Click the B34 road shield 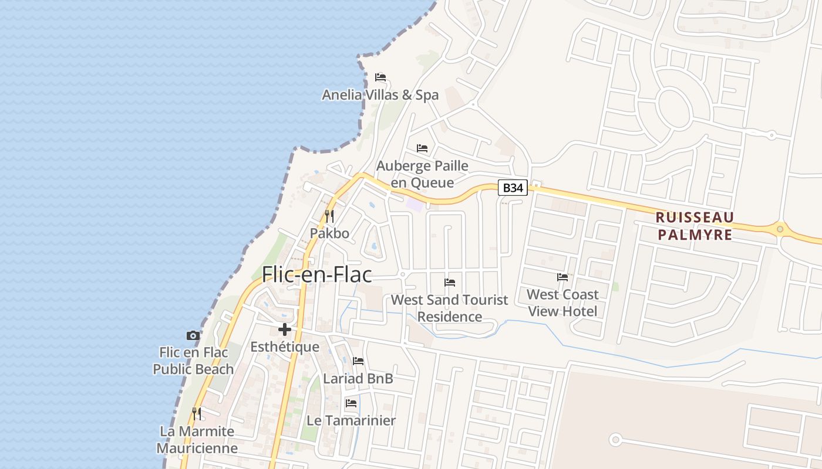(513, 188)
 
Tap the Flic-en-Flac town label (317, 274)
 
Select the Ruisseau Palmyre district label (695, 226)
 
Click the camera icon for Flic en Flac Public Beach (193, 336)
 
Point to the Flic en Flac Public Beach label (193, 361)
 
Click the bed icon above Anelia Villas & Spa (380, 77)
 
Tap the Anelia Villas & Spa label (380, 95)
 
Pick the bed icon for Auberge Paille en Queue (422, 148)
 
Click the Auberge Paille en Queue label (422, 174)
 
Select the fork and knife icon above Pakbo (329, 216)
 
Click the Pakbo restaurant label (329, 233)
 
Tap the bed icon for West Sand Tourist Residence (450, 283)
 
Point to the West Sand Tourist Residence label (450, 308)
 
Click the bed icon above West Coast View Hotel (562, 277)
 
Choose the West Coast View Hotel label (562, 303)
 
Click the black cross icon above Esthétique (285, 329)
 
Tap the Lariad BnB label (358, 379)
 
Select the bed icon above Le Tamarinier (351, 403)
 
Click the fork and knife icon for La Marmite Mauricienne (197, 414)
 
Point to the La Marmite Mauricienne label (197, 440)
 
